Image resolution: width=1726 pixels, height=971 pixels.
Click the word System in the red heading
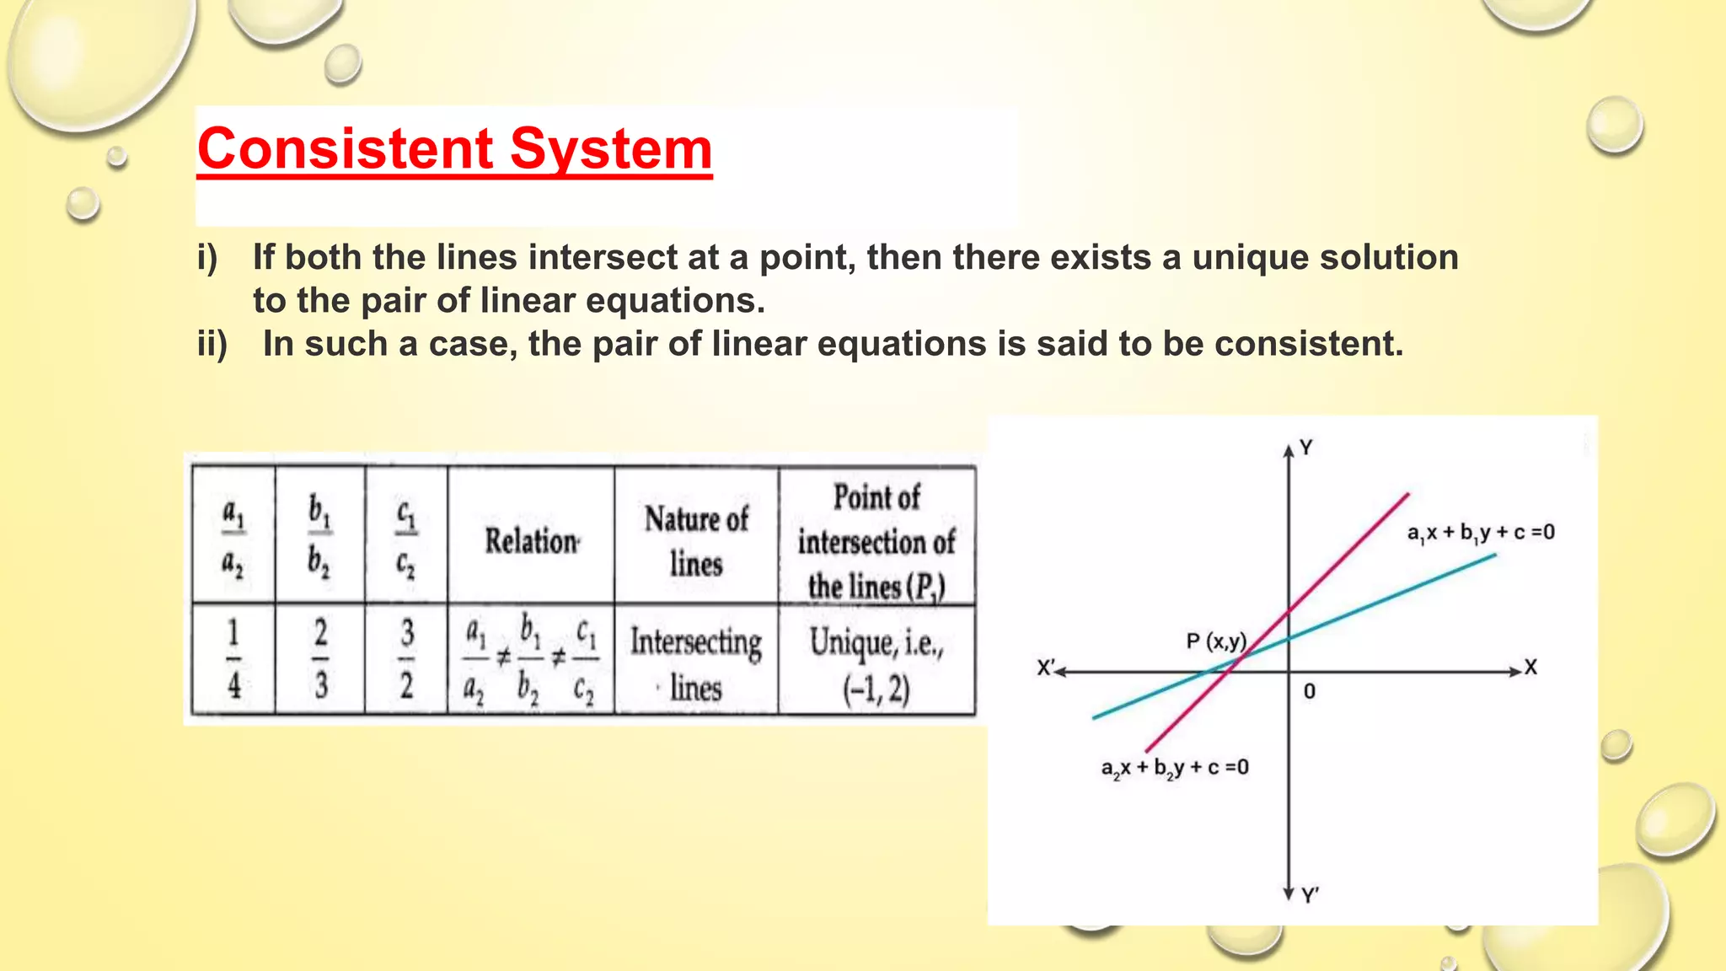(x=611, y=149)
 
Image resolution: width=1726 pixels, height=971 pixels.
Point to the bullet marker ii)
(x=212, y=344)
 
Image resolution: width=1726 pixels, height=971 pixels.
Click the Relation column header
(x=531, y=540)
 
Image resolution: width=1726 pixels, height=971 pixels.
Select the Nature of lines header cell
(x=696, y=540)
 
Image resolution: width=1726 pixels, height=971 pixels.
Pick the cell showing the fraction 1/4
(x=234, y=659)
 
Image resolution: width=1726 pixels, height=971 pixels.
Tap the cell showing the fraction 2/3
(x=321, y=659)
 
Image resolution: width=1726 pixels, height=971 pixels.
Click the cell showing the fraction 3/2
(x=406, y=659)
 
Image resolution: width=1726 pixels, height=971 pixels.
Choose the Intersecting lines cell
(x=696, y=663)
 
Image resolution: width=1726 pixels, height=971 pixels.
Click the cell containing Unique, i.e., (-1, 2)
(x=876, y=663)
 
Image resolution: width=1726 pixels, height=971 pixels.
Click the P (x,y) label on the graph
(x=1215, y=641)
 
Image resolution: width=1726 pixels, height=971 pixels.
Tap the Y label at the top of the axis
(x=1305, y=448)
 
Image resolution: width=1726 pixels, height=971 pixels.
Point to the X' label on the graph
(x=1045, y=668)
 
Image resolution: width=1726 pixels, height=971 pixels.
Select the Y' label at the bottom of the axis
(x=1309, y=895)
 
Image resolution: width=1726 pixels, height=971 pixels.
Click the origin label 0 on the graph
(x=1309, y=691)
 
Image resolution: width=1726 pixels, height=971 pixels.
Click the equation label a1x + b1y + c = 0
(x=1480, y=533)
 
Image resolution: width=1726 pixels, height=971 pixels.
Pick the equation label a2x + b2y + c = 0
(x=1175, y=768)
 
